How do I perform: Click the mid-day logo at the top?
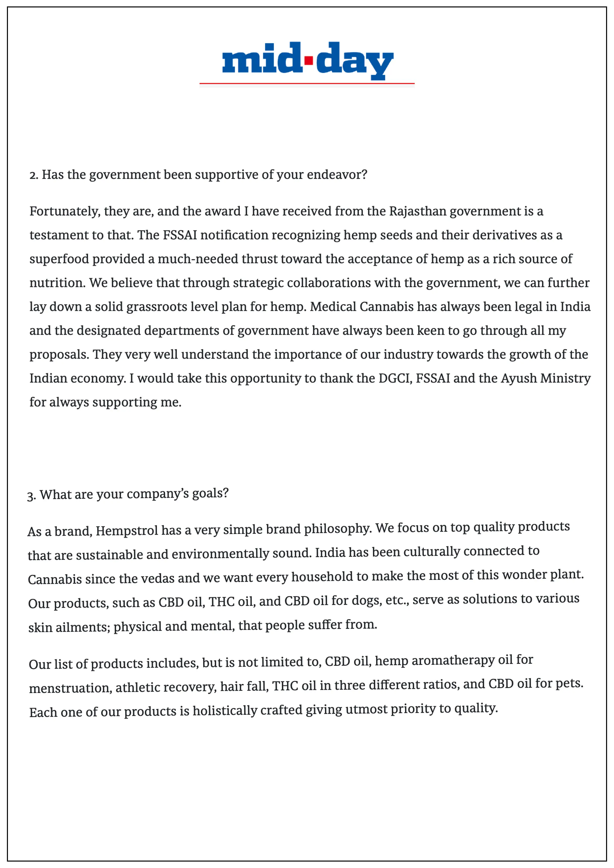pos(307,60)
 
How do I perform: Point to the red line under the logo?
pos(307,83)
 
